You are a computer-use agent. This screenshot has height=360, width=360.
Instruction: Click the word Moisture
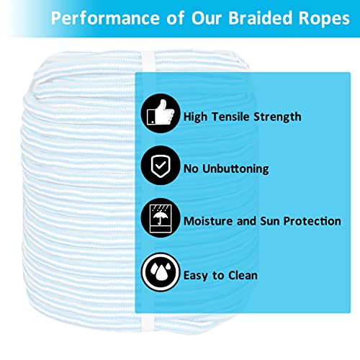pyautogui.click(x=211, y=221)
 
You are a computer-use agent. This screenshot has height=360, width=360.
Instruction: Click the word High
pyautogui.click(x=196, y=116)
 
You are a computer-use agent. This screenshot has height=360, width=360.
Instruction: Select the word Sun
pyautogui.click(x=266, y=221)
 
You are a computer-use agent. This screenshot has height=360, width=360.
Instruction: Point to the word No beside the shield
pyautogui.click(x=192, y=169)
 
